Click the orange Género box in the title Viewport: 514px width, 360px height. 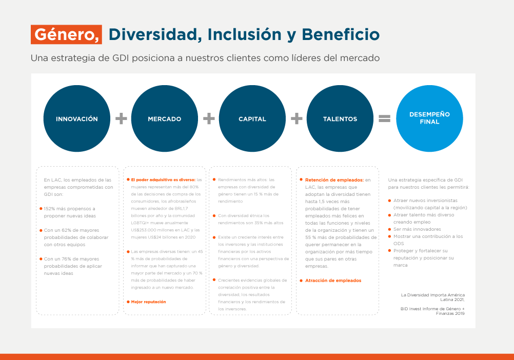click(66, 34)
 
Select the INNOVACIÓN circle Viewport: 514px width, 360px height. click(77, 119)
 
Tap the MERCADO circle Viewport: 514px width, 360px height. click(165, 119)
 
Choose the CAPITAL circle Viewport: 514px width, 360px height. click(252, 119)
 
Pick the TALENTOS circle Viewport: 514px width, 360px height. click(340, 119)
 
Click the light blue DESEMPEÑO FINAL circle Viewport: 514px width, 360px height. click(429, 118)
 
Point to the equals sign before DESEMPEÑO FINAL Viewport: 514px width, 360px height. click(384, 119)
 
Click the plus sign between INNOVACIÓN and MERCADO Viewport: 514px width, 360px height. click(121, 119)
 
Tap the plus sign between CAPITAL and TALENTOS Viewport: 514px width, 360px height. click(296, 119)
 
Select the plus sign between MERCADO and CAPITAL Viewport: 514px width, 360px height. click(209, 119)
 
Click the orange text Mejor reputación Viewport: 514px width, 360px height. click(148, 302)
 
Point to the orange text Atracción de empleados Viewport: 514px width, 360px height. click(333, 281)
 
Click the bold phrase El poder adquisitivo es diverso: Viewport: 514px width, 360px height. click(163, 180)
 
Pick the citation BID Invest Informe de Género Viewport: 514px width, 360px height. click(432, 309)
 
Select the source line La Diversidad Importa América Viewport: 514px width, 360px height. click(432, 295)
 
